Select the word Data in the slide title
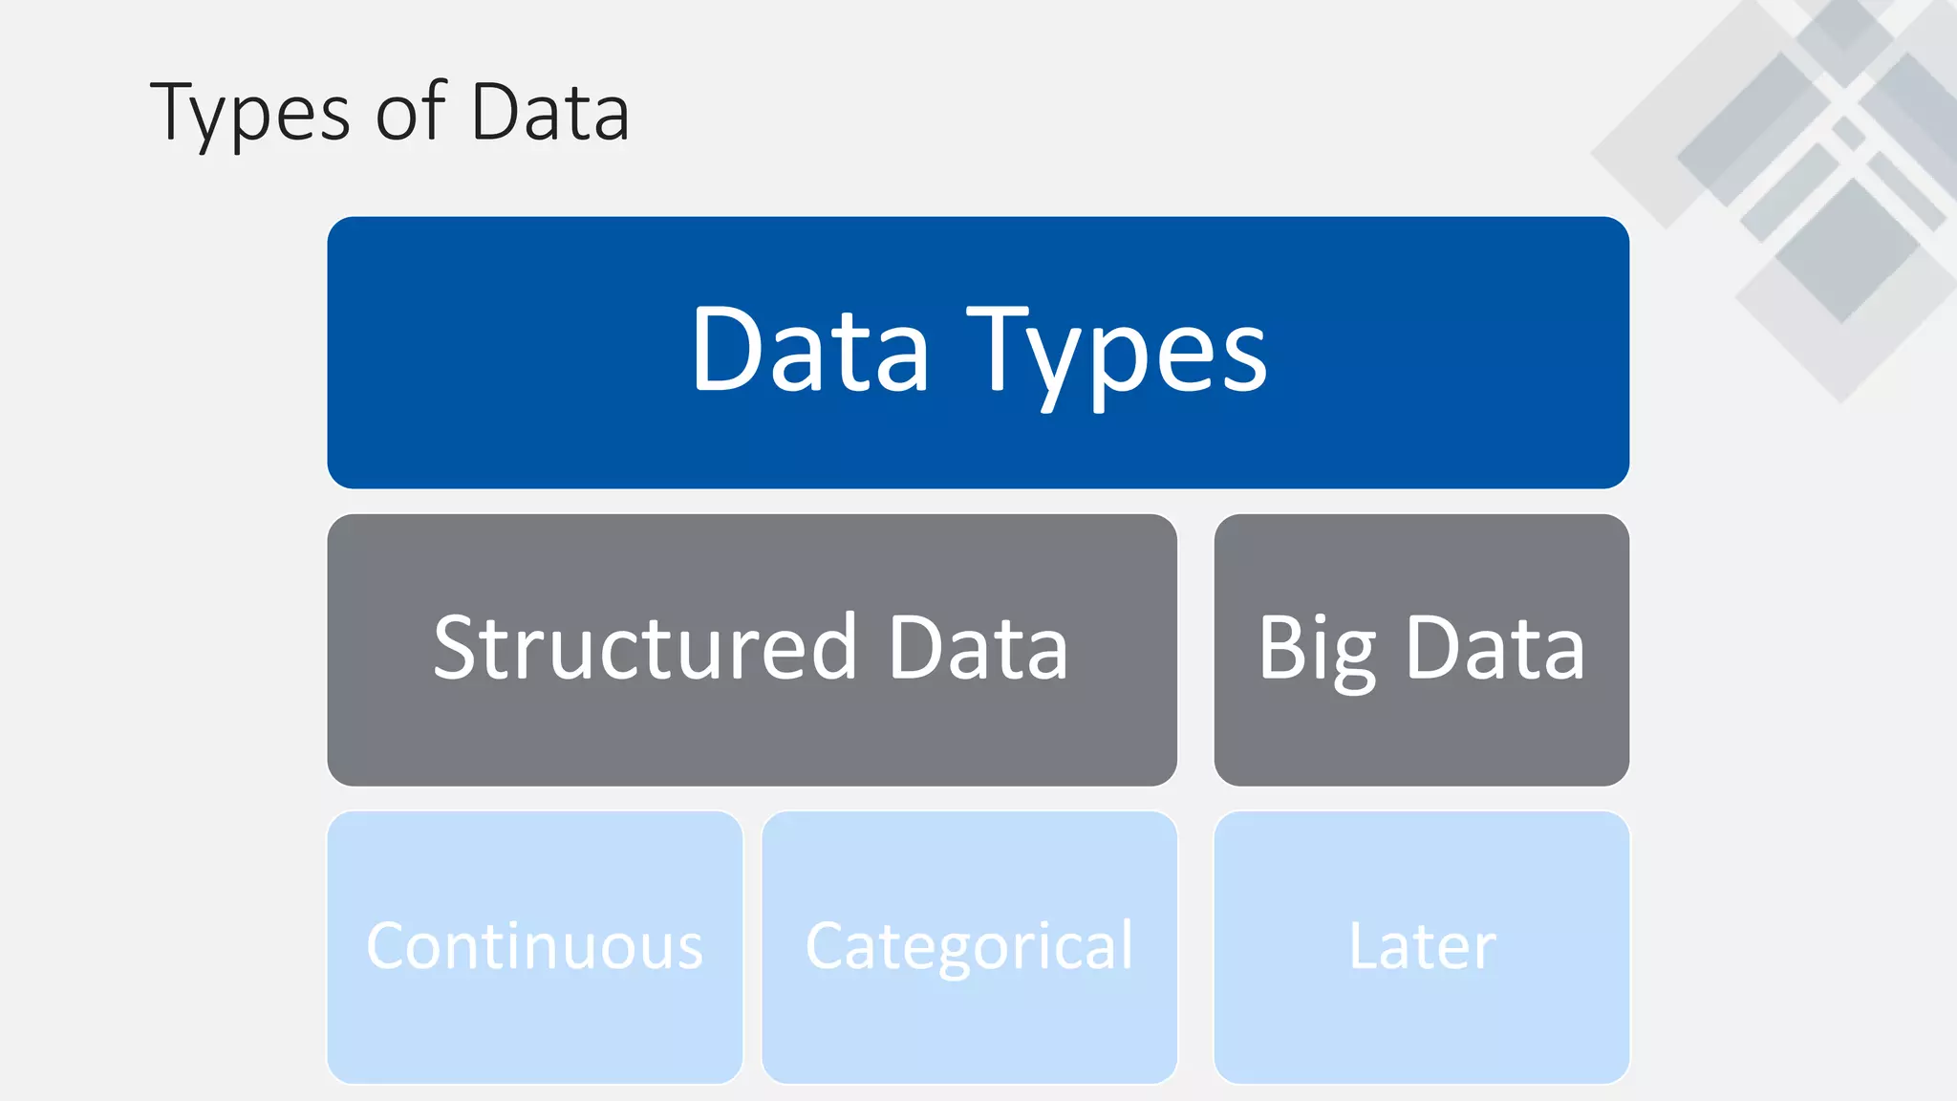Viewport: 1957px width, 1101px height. (x=550, y=112)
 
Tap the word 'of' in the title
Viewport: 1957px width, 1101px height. (x=411, y=112)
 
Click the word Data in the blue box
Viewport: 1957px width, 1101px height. (x=810, y=349)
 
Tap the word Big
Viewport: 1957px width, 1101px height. (x=1317, y=650)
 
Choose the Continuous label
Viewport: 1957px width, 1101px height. (x=534, y=946)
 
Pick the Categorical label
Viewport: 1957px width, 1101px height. (x=969, y=947)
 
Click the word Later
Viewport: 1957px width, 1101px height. (x=1422, y=946)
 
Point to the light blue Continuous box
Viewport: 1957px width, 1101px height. (x=534, y=1032)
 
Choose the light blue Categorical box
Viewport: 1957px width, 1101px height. (x=969, y=1032)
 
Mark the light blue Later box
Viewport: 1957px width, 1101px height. (x=1422, y=1032)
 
